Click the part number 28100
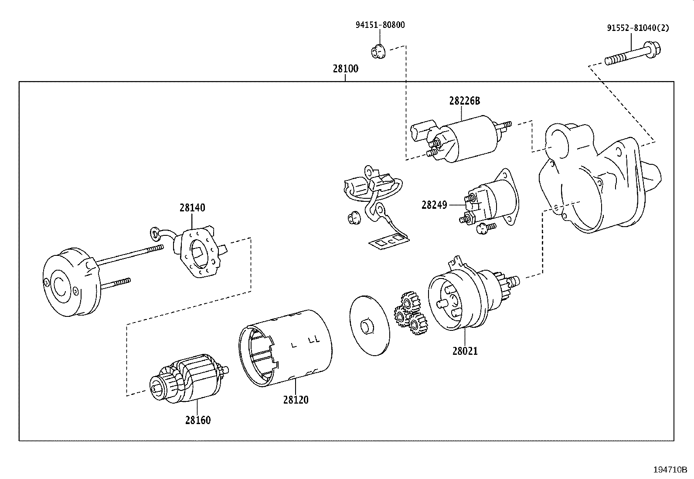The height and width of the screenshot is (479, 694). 345,68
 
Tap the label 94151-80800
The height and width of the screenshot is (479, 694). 380,25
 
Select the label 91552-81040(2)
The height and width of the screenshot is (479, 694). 638,28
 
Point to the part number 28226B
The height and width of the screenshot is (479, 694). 464,101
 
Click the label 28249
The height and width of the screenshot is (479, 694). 434,205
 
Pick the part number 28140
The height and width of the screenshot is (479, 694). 192,207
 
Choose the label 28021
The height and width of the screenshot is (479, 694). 465,351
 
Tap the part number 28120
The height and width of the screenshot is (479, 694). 296,400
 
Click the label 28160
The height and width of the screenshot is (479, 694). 197,420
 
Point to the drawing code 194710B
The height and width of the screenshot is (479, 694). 670,470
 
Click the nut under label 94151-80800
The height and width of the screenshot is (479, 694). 378,51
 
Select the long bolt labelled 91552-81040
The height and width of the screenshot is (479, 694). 633,55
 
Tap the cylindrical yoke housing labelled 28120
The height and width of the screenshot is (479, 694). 286,348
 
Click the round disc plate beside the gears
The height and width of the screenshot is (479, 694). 369,326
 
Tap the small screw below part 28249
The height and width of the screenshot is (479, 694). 485,228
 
